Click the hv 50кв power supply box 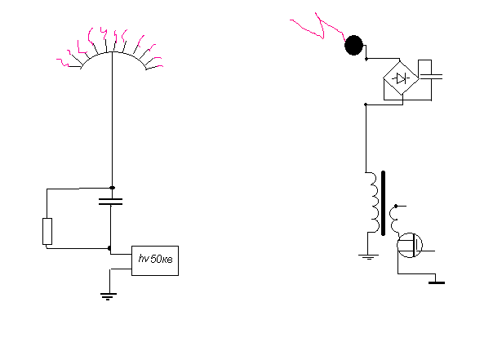click(x=155, y=260)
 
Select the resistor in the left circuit click(x=47, y=231)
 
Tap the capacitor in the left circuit click(x=111, y=202)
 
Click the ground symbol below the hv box click(x=109, y=296)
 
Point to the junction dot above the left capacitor click(x=113, y=188)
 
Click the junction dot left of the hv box click(x=109, y=248)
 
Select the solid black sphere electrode click(x=353, y=45)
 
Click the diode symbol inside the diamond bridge click(x=401, y=78)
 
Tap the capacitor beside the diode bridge click(x=431, y=77)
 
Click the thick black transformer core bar click(x=383, y=203)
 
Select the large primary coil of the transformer click(x=374, y=202)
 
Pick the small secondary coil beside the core click(x=394, y=220)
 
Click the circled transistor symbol click(x=410, y=245)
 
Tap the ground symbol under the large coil click(x=368, y=257)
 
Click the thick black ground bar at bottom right click(x=437, y=283)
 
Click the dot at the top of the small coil click(x=396, y=206)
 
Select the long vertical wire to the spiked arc click(x=113, y=119)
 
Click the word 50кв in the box click(x=162, y=260)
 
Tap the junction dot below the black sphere click(x=366, y=59)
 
